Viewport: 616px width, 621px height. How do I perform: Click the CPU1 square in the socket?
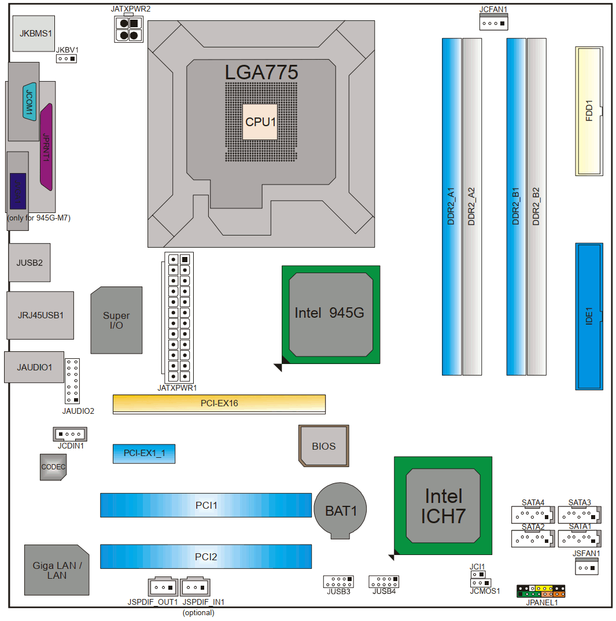click(x=260, y=122)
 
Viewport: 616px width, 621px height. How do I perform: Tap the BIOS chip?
click(x=324, y=446)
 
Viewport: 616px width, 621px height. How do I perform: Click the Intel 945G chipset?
click(x=330, y=314)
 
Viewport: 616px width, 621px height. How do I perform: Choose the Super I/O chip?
click(x=116, y=320)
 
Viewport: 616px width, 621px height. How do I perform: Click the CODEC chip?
click(x=53, y=466)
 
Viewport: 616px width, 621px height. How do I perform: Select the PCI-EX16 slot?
click(x=219, y=403)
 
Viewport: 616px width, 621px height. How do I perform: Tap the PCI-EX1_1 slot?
click(x=143, y=454)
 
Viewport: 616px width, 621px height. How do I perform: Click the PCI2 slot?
click(x=206, y=556)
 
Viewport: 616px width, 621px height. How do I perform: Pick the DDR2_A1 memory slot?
click(x=452, y=207)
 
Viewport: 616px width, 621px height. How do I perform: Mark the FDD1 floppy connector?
click(x=589, y=111)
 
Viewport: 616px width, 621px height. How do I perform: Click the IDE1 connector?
click(x=589, y=316)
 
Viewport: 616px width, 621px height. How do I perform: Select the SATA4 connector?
click(x=533, y=514)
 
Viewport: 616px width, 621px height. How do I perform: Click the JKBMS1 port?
click(x=36, y=34)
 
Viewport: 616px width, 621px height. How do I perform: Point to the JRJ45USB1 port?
click(x=40, y=315)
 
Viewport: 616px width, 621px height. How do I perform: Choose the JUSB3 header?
click(x=338, y=581)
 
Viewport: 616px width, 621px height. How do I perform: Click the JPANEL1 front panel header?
click(x=542, y=591)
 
